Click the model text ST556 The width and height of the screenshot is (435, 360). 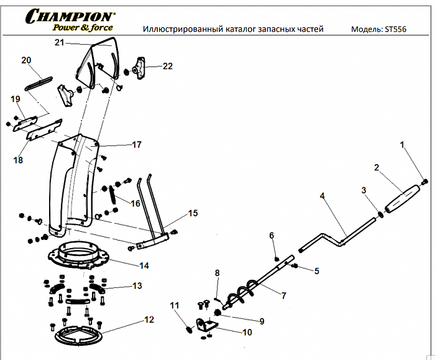[x=396, y=29]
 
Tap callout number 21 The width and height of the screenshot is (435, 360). [x=59, y=42]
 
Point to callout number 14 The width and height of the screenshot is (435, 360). [x=144, y=265]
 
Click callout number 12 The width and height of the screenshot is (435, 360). [x=149, y=320]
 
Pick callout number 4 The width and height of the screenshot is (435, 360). [x=323, y=196]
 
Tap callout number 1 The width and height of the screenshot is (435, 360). [x=401, y=145]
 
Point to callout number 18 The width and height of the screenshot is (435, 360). [x=17, y=160]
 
